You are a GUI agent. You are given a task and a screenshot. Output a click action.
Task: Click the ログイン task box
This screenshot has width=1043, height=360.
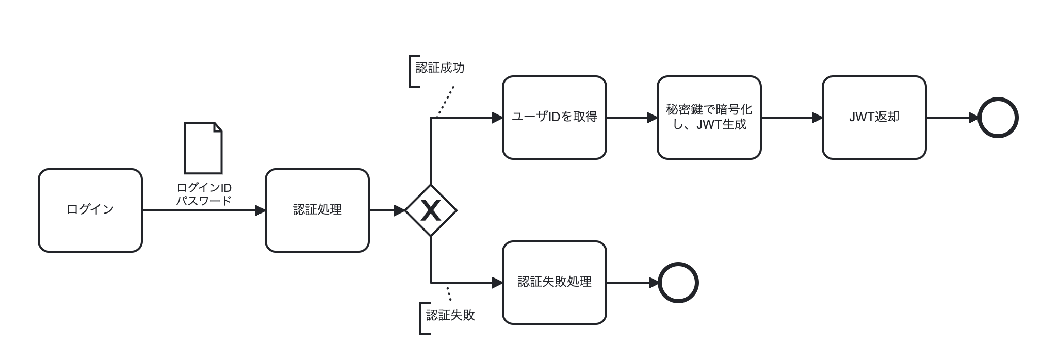(x=90, y=210)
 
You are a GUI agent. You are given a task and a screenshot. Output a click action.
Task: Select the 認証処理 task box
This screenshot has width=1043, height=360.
(x=317, y=210)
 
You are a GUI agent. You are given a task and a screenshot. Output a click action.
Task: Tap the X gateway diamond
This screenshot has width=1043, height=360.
(x=431, y=210)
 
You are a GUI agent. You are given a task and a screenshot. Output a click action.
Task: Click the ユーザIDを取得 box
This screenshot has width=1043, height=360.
(x=555, y=118)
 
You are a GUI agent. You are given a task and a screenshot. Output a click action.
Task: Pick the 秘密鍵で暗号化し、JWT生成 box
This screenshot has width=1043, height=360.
(x=709, y=118)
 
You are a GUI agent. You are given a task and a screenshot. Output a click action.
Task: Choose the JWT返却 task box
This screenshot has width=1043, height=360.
(x=874, y=118)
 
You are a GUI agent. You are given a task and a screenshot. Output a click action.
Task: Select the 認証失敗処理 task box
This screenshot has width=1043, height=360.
(x=555, y=283)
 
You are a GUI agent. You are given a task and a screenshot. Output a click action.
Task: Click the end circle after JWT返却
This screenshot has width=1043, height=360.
(x=998, y=118)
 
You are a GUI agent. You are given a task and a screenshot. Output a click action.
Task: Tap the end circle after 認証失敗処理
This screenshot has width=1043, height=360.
(x=678, y=283)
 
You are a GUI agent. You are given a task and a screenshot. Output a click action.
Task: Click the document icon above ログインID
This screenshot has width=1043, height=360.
(x=203, y=148)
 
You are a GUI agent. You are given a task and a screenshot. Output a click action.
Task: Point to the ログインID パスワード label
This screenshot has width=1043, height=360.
(x=204, y=194)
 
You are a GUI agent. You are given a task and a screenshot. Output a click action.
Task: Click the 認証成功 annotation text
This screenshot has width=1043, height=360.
(x=440, y=68)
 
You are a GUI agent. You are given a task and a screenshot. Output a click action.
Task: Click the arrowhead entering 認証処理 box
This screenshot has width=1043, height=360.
(x=260, y=210)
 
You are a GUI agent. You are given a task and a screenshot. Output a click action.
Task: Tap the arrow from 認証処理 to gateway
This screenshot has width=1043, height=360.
(x=387, y=210)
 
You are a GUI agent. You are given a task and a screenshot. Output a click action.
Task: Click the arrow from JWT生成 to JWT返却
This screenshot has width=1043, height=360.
(x=792, y=118)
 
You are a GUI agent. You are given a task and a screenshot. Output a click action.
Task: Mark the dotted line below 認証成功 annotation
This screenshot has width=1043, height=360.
(x=446, y=101)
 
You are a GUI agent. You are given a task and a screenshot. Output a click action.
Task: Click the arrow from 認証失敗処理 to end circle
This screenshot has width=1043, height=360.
(x=632, y=283)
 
